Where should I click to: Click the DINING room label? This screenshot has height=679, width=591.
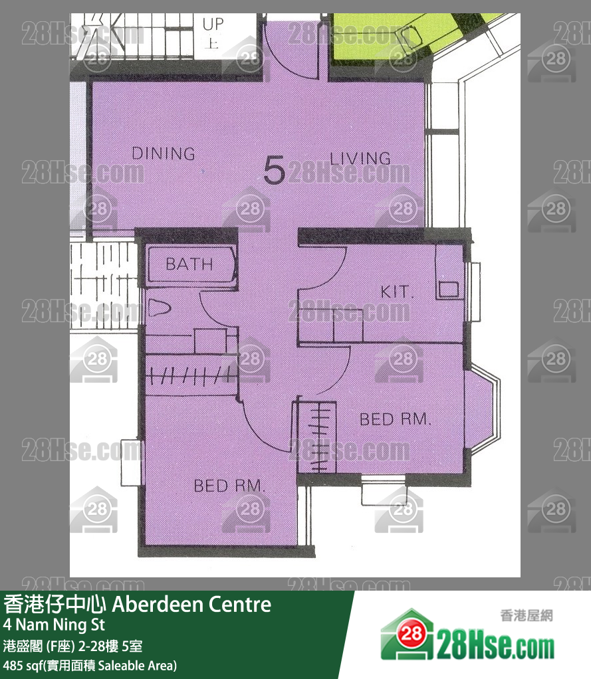click(164, 153)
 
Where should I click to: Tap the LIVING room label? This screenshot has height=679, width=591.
click(360, 158)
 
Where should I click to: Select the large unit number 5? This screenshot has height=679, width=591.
click(274, 170)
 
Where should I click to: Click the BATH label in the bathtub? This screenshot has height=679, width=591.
click(189, 264)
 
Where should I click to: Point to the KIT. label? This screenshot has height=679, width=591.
click(398, 292)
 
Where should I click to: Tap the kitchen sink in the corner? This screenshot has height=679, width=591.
click(449, 289)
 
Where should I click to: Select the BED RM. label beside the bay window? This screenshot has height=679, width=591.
click(396, 419)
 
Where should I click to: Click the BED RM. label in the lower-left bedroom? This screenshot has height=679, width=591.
click(229, 486)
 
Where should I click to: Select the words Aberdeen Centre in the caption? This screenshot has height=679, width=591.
click(191, 605)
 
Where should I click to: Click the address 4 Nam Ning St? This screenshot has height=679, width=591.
click(54, 625)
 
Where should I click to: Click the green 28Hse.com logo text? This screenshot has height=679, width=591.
click(495, 644)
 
